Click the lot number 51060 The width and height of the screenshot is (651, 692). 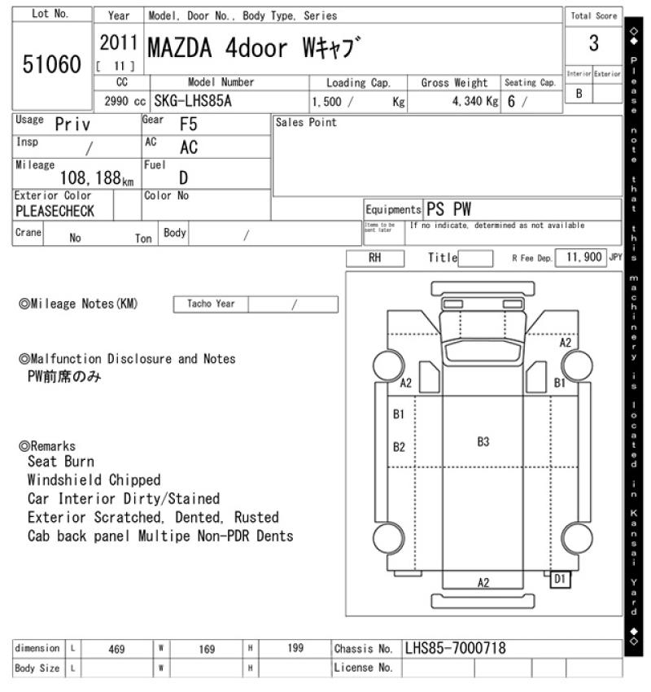click(x=52, y=64)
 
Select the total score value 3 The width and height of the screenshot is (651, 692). click(x=594, y=43)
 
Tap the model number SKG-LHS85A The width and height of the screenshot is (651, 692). click(x=193, y=101)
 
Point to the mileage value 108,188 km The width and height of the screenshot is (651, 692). click(x=97, y=178)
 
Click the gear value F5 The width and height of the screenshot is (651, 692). click(x=188, y=125)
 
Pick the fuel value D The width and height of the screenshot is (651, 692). click(x=183, y=177)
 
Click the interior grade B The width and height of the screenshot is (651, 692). click(x=579, y=94)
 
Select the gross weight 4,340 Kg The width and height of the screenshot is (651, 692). click(x=475, y=102)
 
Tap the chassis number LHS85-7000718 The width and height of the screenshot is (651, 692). click(x=455, y=648)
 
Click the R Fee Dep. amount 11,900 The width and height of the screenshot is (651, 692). click(x=584, y=257)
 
